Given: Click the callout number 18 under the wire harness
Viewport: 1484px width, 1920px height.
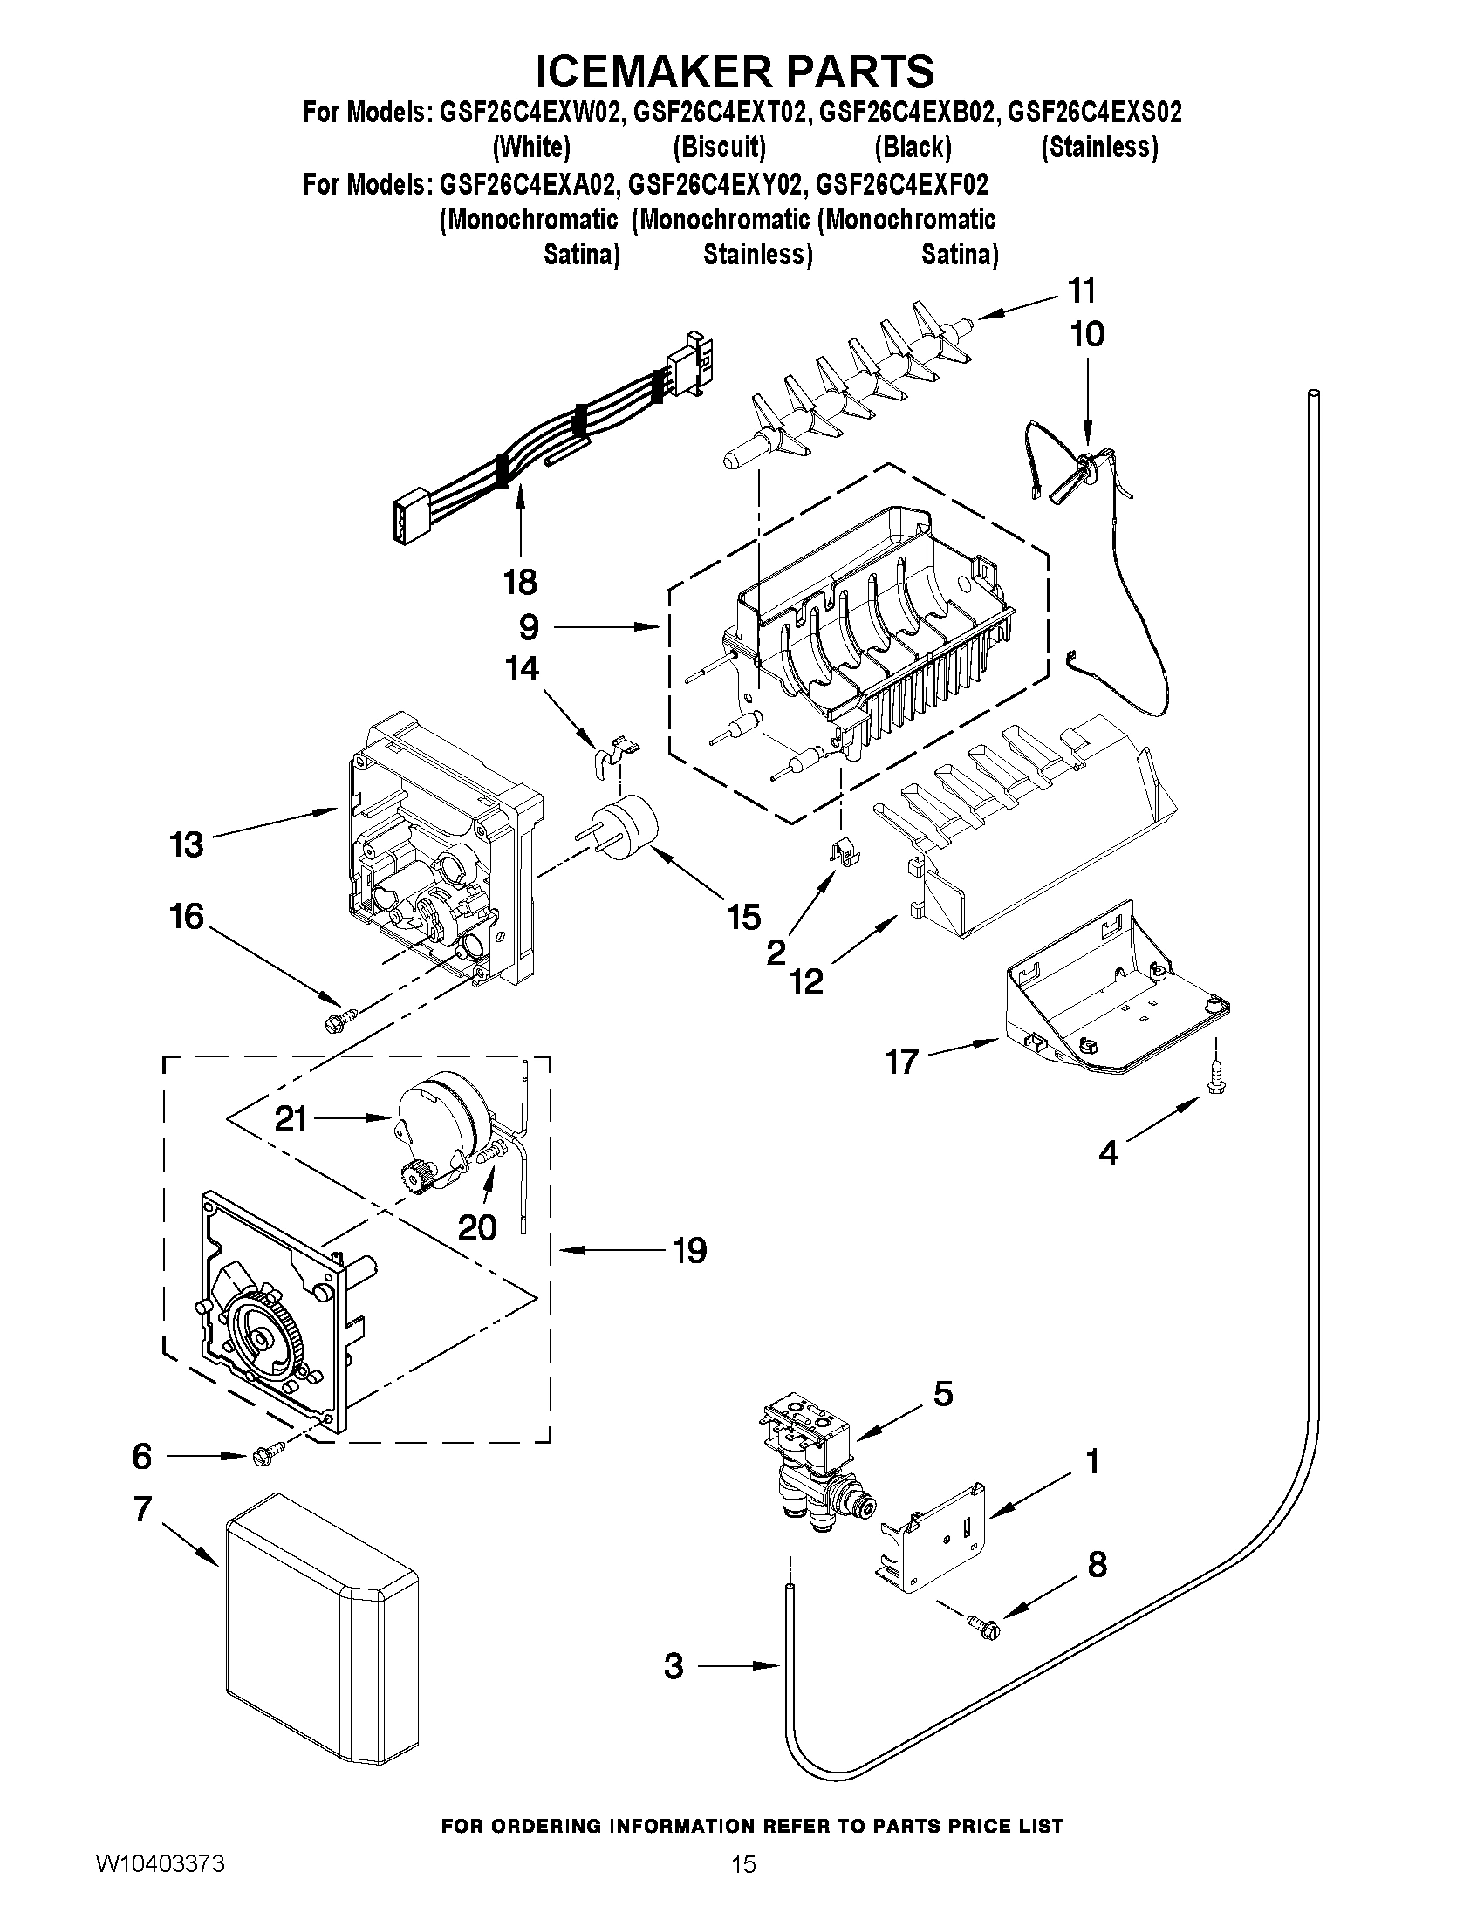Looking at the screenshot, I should [x=521, y=582].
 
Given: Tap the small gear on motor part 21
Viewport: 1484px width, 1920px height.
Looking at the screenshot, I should [x=413, y=1174].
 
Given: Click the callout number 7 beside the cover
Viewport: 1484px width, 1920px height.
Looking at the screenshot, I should [x=143, y=1509].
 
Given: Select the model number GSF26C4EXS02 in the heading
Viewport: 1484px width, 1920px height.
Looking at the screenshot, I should [x=1094, y=113].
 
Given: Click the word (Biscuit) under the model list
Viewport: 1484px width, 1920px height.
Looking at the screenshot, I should [x=719, y=147].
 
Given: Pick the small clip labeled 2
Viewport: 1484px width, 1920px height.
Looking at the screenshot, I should [x=844, y=851].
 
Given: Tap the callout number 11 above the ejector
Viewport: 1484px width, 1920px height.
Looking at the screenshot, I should [x=1081, y=290].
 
